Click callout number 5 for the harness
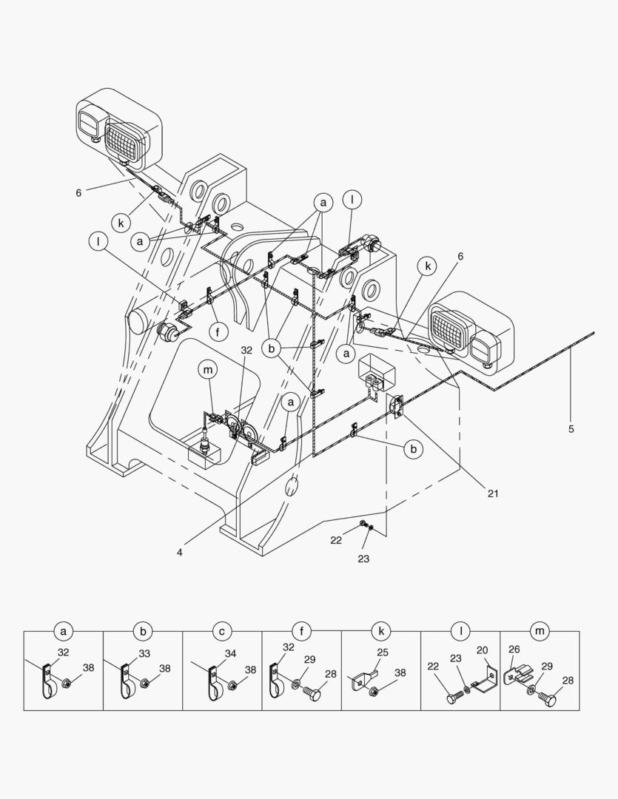571,428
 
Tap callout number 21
491,493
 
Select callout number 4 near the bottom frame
181,550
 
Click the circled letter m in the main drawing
209,369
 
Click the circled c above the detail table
222,631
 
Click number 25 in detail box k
382,653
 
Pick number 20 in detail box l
482,650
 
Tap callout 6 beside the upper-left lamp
78,193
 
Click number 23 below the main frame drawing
363,559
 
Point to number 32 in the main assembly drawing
246,350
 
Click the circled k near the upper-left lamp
121,221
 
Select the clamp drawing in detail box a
48,684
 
